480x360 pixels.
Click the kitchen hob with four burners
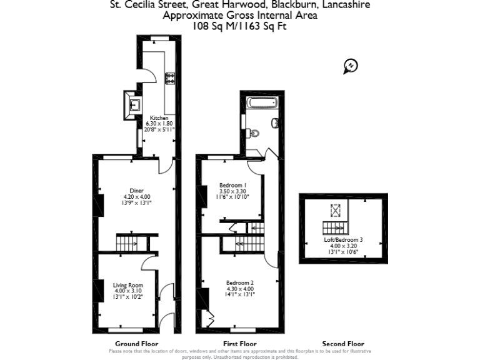[x=170, y=78]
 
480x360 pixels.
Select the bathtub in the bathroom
[x=262, y=103]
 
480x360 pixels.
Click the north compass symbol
[x=351, y=65]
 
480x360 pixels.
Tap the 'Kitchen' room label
[x=159, y=117]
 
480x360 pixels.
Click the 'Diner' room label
[x=137, y=191]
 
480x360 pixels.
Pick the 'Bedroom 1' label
[x=232, y=185]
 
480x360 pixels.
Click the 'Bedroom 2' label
[x=239, y=283]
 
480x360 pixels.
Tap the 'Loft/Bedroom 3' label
[x=343, y=240]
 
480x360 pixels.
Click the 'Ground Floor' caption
[x=136, y=344]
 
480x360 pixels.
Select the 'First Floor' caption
[x=239, y=344]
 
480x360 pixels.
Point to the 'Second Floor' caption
[x=342, y=344]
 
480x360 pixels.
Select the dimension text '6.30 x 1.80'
[x=159, y=124]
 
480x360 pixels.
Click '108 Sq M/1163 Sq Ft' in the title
[x=239, y=26]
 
